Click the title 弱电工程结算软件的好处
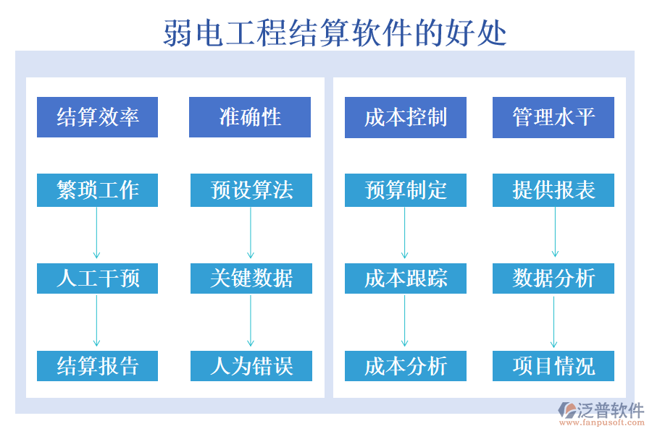point(335,33)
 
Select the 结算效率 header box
point(97,117)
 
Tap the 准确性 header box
point(250,117)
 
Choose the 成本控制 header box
point(406,117)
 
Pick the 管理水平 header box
point(553,117)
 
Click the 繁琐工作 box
point(97,190)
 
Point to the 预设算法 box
point(251,190)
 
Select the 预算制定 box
point(406,190)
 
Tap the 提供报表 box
point(553,190)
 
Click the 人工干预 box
point(97,278)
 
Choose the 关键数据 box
point(251,278)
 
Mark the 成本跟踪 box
point(406,278)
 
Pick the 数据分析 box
point(553,278)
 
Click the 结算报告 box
point(97,366)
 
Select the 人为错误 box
point(251,366)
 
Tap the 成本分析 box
point(406,366)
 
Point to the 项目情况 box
point(553,366)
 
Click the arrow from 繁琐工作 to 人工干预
point(96,233)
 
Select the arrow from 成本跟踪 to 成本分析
point(405,321)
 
